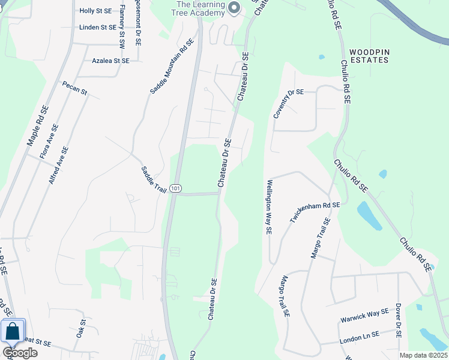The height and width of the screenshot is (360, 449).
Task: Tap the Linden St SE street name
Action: [97, 27]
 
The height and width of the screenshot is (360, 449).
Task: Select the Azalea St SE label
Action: [110, 61]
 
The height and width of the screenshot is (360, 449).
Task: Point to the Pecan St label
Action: [75, 89]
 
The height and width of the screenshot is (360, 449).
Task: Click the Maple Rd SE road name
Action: [37, 126]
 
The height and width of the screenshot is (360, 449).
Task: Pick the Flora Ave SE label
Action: [49, 141]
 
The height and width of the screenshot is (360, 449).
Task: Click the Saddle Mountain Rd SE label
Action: [172, 66]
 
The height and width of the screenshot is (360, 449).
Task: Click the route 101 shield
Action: [175, 188]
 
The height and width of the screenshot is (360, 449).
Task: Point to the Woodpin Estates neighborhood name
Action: [370, 56]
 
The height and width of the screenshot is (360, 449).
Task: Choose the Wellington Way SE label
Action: [269, 207]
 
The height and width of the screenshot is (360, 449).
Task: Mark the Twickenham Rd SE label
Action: [315, 213]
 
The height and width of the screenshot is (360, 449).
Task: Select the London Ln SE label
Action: [359, 338]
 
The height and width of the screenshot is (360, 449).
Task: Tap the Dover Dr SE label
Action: [398, 321]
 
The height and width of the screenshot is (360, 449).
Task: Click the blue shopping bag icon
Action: [13, 331]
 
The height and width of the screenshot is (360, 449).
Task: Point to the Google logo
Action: [20, 353]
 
